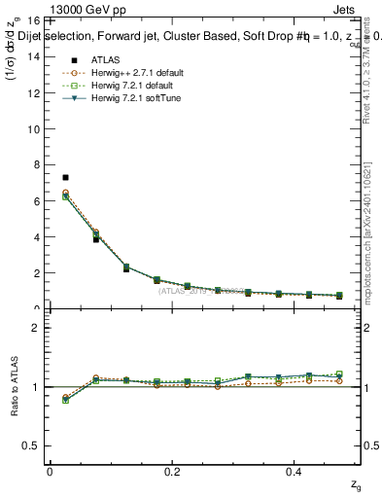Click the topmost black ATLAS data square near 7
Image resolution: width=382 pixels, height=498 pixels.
coord(65,178)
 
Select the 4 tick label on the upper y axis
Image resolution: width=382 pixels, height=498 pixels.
coord(35,237)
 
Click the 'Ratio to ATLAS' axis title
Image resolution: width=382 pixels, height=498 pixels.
coord(14,386)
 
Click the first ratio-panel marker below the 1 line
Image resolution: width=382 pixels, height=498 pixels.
coord(65,399)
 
